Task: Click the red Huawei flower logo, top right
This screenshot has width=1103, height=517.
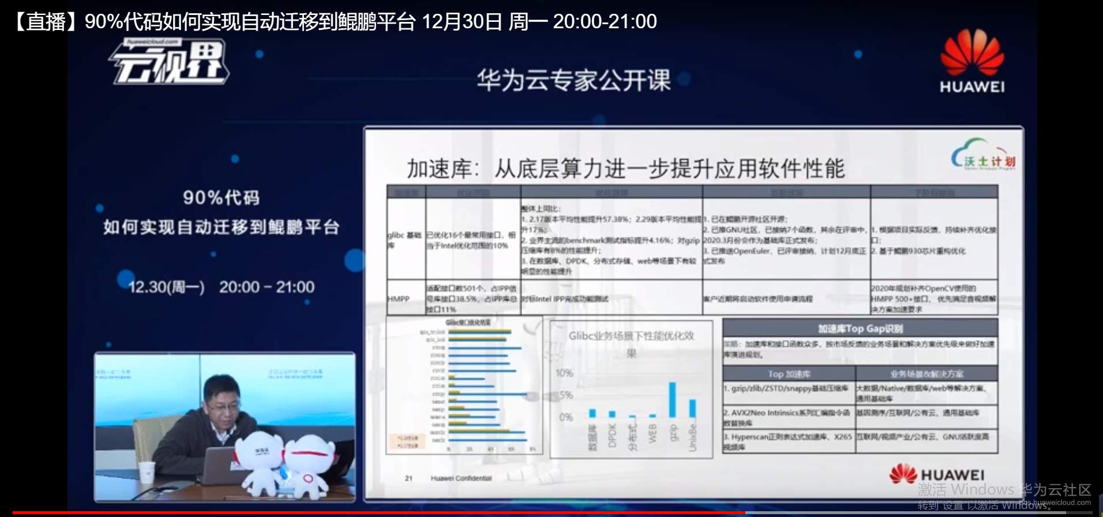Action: pos(972,52)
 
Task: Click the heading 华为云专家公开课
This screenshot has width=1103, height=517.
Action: pos(573,80)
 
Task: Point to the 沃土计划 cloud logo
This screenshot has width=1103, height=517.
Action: pos(983,154)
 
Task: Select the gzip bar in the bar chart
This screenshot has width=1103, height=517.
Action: pos(672,399)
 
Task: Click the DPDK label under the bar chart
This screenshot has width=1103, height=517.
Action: pos(613,435)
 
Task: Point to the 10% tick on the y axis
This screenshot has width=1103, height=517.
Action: pos(564,373)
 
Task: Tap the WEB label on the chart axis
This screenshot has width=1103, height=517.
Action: pos(652,433)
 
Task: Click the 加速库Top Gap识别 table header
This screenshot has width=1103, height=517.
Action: pos(860,329)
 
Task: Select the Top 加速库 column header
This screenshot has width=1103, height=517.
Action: pos(789,374)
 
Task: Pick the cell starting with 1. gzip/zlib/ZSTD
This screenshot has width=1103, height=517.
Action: pos(789,389)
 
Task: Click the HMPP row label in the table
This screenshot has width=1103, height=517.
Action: pos(399,299)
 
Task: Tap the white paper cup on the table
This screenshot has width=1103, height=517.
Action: pos(147,471)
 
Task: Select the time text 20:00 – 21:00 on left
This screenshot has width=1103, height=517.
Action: pos(267,287)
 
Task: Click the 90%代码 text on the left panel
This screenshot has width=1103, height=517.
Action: pos(221,198)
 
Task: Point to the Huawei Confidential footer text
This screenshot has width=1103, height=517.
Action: pos(461,478)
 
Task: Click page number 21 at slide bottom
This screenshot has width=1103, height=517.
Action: pos(408,478)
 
